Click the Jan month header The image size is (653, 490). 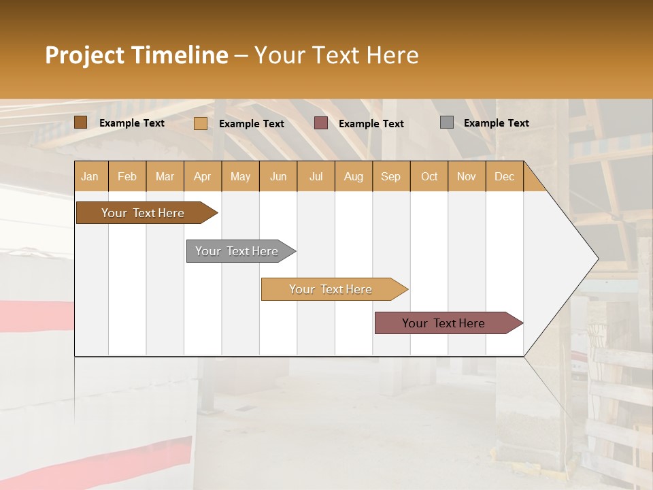point(90,177)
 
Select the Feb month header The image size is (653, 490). point(127,177)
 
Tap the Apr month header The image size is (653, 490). point(202,177)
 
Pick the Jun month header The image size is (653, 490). point(278,177)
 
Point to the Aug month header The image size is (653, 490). point(353,177)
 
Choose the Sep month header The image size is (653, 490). point(390,177)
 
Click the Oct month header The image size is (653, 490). point(429,177)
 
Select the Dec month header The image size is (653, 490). point(504,177)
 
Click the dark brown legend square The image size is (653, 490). point(81,122)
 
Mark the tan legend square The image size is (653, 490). point(201,123)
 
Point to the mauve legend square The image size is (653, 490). point(321,123)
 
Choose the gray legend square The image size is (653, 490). point(447,122)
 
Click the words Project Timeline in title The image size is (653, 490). point(136,55)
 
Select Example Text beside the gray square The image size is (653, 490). point(496,123)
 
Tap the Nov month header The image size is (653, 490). point(466,177)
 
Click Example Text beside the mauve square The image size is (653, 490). point(371,124)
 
